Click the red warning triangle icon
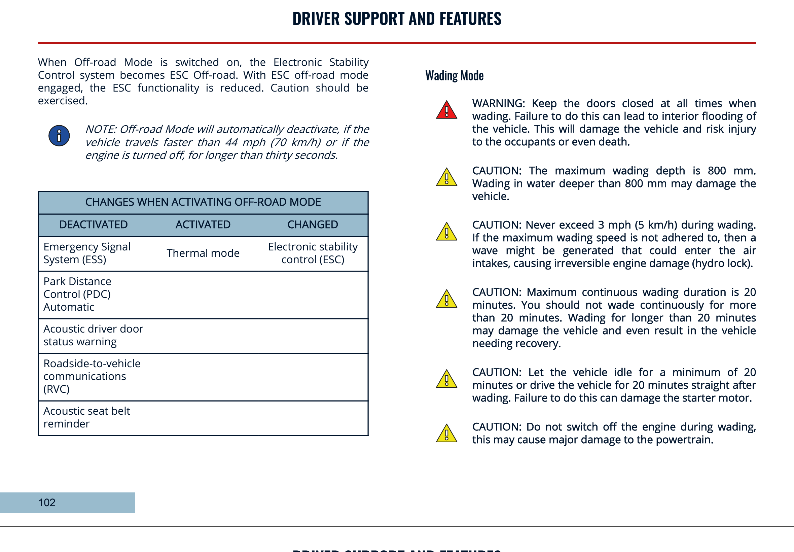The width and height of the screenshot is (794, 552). [446, 110]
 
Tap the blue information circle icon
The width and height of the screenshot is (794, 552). [59, 136]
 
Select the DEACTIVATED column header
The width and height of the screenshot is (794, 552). [93, 225]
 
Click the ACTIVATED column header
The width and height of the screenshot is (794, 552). [203, 225]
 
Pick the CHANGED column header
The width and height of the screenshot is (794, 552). [313, 225]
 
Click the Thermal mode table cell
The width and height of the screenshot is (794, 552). [203, 253]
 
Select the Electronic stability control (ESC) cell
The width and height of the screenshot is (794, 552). [313, 253]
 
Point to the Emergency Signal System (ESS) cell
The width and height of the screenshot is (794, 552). [87, 253]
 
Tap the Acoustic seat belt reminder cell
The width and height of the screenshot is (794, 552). [86, 417]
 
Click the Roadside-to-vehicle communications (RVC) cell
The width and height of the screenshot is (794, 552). [92, 376]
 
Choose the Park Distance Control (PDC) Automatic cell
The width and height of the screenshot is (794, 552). [77, 294]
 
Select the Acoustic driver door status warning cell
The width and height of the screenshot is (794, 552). [93, 335]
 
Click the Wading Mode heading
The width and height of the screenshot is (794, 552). [454, 75]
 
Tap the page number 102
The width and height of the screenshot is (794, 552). [47, 503]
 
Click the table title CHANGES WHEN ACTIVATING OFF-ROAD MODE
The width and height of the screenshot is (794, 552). [203, 202]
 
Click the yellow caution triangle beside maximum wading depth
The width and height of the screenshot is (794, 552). [446, 178]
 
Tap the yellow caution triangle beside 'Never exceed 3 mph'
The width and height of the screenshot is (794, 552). [446, 232]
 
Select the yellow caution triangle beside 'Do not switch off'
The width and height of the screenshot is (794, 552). [446, 434]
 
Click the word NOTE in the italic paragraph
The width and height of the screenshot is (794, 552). [100, 129]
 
